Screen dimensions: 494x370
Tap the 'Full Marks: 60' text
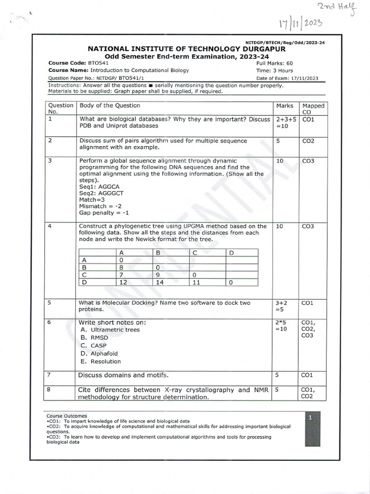275,63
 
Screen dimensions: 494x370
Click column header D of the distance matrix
231,252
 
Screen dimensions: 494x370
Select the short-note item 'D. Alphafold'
100,354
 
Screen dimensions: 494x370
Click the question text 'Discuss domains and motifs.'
123,375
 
